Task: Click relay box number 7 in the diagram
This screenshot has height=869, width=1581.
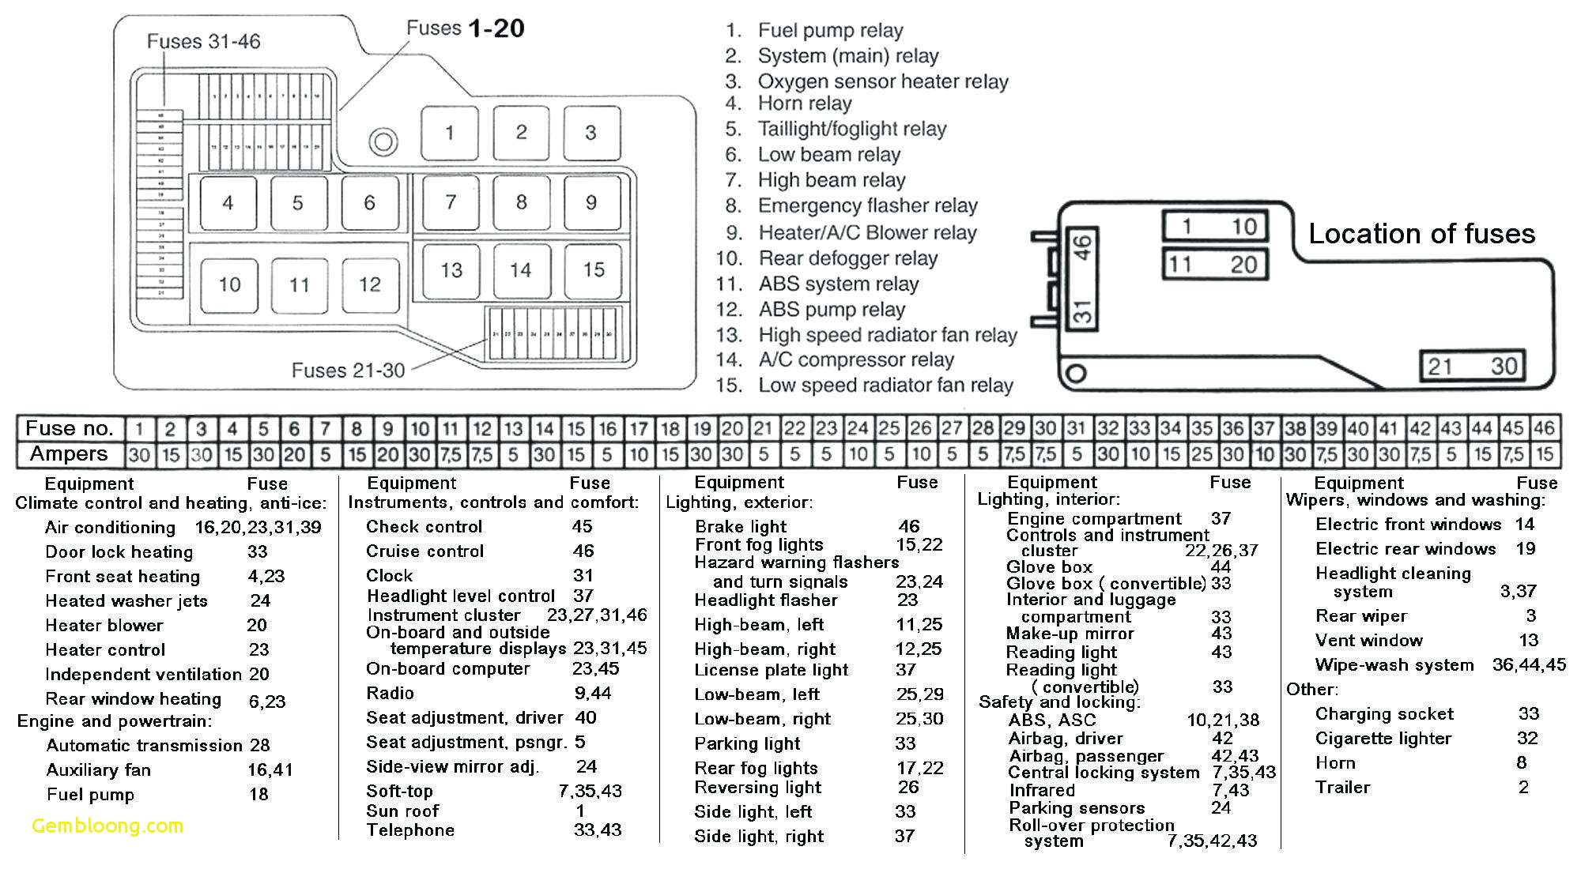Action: pos(450,203)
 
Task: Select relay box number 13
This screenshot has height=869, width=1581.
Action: pos(451,271)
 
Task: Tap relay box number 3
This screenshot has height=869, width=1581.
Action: pos(591,133)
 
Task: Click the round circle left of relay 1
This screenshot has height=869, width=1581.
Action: pos(383,142)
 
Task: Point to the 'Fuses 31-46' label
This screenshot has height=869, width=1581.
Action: pos(203,41)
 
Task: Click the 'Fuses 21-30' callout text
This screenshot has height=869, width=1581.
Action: pos(348,370)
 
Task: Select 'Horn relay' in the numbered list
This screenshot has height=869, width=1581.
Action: pos(804,103)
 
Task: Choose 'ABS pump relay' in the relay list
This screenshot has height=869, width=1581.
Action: pos(832,310)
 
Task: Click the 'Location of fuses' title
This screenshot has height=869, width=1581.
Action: pos(1421,234)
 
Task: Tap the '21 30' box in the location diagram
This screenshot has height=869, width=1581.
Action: pos(1471,366)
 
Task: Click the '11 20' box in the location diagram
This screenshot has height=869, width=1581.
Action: pos(1215,264)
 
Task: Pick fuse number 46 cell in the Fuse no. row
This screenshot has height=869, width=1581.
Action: pos(1544,429)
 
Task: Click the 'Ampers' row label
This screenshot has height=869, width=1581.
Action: pos(69,454)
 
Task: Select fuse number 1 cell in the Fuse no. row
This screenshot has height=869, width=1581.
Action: pos(139,429)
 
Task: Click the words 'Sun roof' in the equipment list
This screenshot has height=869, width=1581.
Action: pos(402,811)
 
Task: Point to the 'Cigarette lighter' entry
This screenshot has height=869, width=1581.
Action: pos(1383,739)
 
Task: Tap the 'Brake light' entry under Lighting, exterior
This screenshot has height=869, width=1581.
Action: pos(741,527)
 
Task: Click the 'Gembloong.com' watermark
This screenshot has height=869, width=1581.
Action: pos(108,826)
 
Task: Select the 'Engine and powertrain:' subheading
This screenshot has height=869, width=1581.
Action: pos(115,721)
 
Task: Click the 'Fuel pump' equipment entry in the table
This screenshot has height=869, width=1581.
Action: pos(90,795)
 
